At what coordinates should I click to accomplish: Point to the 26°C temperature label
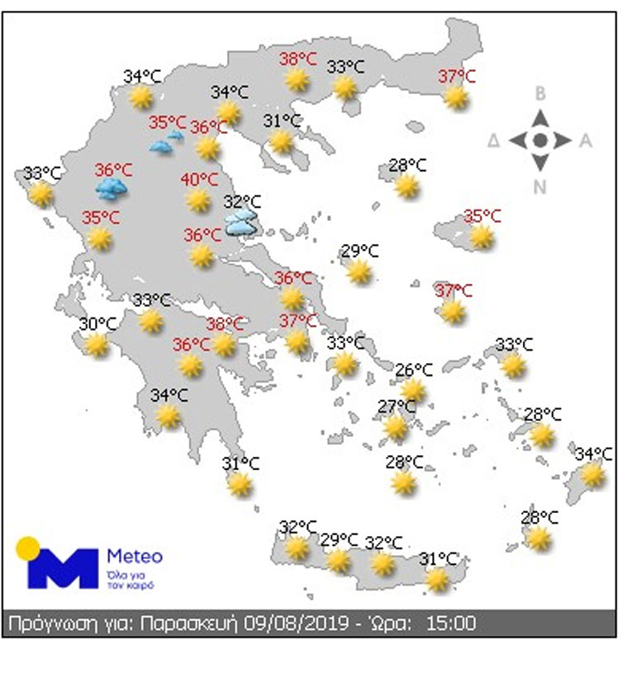413,370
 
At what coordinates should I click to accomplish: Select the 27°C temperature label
396,407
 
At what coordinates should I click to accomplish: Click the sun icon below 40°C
198,200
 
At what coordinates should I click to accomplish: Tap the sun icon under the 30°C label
97,345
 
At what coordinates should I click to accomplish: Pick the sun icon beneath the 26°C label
413,389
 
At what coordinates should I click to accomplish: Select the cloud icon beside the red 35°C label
167,143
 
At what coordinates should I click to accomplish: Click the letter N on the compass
540,187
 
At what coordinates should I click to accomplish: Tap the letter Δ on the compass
494,141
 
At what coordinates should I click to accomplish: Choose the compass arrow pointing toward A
563,140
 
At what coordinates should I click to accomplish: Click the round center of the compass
540,140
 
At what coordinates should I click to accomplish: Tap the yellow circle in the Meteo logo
28,547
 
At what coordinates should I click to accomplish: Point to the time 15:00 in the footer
450,624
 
